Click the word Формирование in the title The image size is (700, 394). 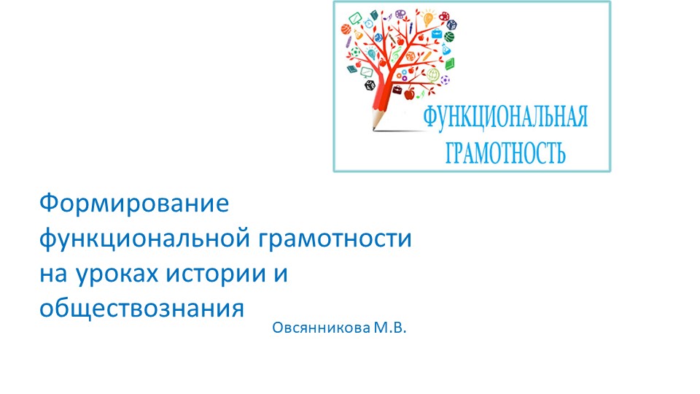point(133,203)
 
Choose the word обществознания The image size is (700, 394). point(141,307)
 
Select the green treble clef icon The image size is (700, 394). point(396,55)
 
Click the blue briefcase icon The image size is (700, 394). point(435,34)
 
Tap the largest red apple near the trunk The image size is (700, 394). point(409,93)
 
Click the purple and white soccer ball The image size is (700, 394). point(446,79)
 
